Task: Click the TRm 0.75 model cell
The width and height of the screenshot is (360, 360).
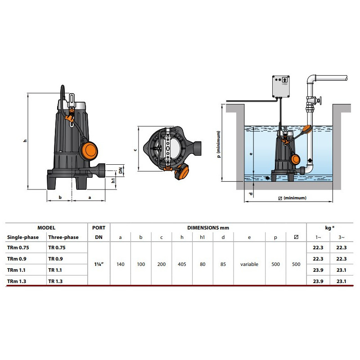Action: click(18, 248)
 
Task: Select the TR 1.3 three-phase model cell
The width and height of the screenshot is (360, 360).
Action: click(55, 281)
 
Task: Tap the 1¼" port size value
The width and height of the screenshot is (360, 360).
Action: click(99, 264)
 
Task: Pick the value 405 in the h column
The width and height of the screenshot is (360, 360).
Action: click(182, 264)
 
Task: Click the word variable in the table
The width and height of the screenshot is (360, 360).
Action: click(249, 264)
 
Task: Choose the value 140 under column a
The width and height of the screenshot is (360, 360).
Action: click(120, 264)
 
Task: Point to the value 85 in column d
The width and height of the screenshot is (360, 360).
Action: click(223, 264)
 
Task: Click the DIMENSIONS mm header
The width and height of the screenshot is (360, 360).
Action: click(208, 228)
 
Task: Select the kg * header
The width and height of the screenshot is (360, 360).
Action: click(329, 228)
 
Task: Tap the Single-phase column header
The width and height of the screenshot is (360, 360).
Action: click(23, 237)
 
